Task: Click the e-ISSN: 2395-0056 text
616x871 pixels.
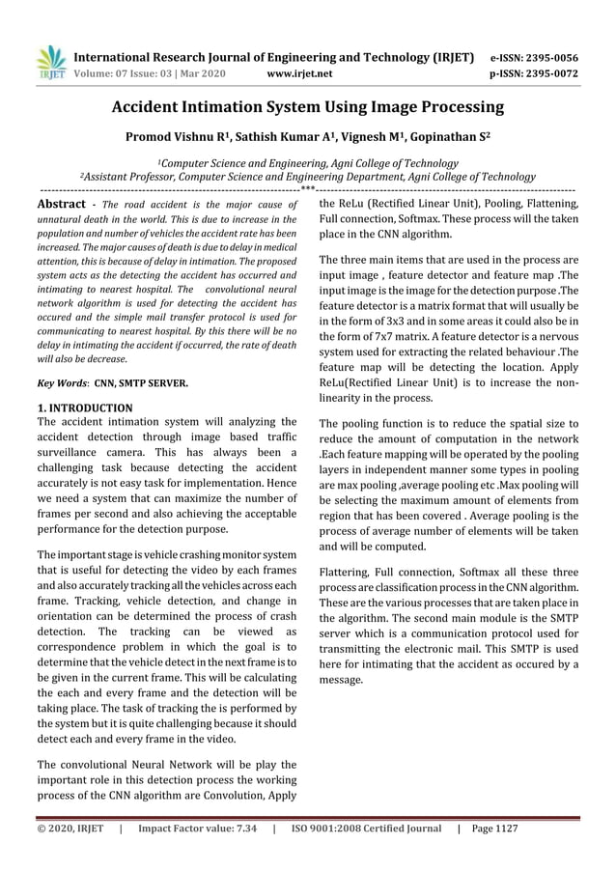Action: pos(546,57)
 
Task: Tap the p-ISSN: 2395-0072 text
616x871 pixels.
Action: pos(546,72)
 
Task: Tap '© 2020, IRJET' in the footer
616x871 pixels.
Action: pos(70,829)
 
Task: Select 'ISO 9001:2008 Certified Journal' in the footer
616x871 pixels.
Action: pos(366,829)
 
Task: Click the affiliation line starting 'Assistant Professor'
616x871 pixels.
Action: pos(308,177)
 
